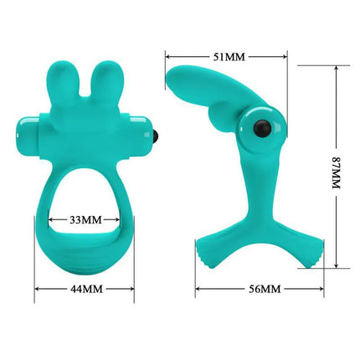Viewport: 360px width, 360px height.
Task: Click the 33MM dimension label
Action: tap(84, 220)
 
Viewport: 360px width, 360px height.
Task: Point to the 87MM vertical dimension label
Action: tap(337, 167)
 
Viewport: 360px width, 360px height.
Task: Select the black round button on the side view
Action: tap(260, 127)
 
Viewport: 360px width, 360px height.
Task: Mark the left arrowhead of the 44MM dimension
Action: tap(37, 289)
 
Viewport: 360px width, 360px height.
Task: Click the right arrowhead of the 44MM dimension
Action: tap(132, 289)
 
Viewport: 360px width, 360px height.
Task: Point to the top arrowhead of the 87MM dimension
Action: tap(337, 69)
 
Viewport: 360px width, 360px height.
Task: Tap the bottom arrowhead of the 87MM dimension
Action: tap(337, 267)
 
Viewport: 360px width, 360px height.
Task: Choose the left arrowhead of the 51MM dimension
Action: tap(167, 57)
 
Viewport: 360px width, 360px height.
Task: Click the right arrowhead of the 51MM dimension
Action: tap(286, 57)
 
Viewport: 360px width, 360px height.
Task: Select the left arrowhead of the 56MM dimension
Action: tap(198, 289)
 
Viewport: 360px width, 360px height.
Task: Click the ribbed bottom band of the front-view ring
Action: tap(84, 255)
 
